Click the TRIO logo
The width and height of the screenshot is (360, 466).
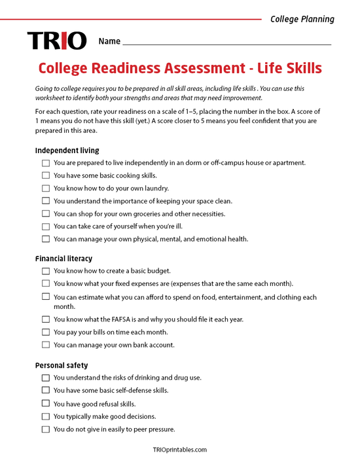click(56, 41)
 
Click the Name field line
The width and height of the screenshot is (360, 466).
click(226, 44)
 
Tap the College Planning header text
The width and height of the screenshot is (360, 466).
click(302, 19)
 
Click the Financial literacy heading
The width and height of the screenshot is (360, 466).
click(63, 259)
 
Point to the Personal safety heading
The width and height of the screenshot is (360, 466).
click(62, 365)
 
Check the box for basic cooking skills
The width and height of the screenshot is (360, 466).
click(45, 175)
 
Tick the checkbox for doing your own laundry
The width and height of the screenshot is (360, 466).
click(45, 188)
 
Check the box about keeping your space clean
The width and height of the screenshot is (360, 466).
click(45, 201)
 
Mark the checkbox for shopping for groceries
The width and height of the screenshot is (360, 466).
click(45, 214)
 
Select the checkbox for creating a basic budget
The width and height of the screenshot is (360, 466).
click(45, 271)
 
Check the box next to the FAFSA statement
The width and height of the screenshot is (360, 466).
click(45, 319)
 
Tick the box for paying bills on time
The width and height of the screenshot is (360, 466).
click(45, 332)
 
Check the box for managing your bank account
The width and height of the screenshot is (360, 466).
click(45, 345)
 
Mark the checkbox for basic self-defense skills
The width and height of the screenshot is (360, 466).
click(45, 391)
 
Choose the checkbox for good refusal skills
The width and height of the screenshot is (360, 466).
click(45, 404)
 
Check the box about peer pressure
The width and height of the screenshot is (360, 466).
click(45, 429)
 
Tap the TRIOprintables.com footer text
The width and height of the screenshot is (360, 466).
click(179, 450)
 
